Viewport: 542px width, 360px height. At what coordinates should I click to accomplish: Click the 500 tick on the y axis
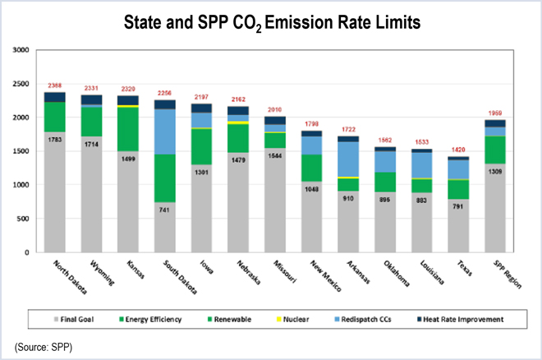pyautogui.click(x=22, y=219)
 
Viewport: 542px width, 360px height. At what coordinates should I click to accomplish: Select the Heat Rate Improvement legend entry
pyautogui.click(x=449, y=318)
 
